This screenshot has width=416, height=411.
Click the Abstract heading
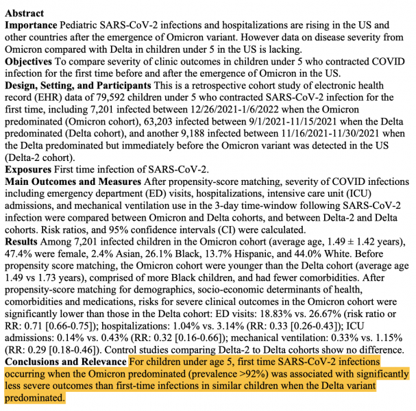coord(25,13)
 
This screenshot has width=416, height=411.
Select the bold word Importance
coord(32,25)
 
